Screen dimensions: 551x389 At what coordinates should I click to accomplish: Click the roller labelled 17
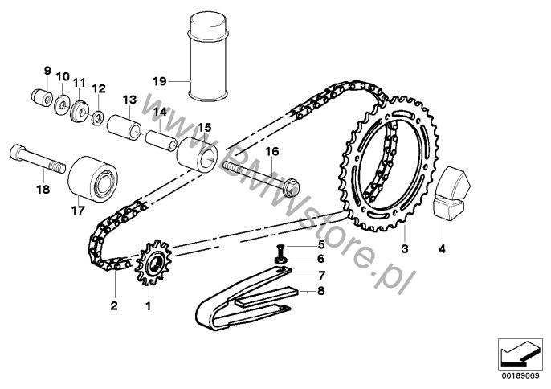(93, 180)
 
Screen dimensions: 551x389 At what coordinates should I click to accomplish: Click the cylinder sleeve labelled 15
(197, 154)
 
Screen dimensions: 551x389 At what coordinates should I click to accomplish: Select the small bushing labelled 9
(42, 97)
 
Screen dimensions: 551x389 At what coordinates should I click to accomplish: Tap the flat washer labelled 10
(63, 104)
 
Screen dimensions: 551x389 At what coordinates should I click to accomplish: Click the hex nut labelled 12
(97, 119)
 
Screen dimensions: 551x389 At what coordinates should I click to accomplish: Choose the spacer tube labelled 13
(124, 128)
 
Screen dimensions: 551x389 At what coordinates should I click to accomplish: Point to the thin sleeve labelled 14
(161, 141)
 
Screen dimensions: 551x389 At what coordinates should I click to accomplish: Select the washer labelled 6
(280, 260)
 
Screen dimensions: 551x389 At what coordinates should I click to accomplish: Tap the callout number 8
(320, 291)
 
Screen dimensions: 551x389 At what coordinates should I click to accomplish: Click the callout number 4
(442, 249)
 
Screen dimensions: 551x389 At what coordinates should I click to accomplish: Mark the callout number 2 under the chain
(114, 305)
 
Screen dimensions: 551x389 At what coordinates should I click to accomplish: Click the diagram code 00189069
(520, 376)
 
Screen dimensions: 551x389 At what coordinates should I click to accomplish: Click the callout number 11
(79, 83)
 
